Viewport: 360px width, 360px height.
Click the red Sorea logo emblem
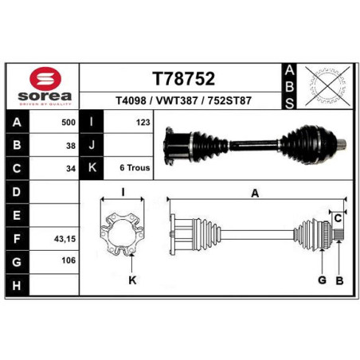pyautogui.click(x=45, y=79)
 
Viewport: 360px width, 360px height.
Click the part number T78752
pyautogui.click(x=183, y=79)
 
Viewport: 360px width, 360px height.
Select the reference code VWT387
pyautogui.click(x=177, y=100)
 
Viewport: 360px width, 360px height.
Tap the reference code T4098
pyautogui.click(x=131, y=100)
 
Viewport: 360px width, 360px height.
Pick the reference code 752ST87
pyautogui.click(x=229, y=100)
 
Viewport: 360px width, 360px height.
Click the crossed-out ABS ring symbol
pyautogui.click(x=327, y=86)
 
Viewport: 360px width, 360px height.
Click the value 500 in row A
pyautogui.click(x=68, y=123)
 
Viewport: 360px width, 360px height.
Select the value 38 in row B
pyautogui.click(x=71, y=146)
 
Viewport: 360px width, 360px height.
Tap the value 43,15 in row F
pyautogui.click(x=65, y=239)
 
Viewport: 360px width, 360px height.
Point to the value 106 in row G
pyautogui.click(x=68, y=260)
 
